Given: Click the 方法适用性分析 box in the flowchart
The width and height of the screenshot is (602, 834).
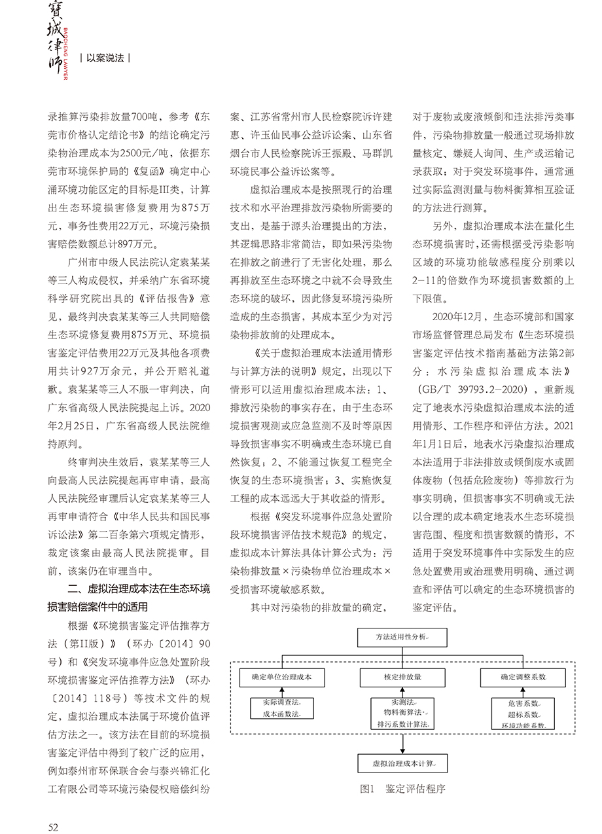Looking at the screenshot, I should [x=402, y=635].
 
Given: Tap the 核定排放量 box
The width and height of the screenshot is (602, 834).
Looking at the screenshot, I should [x=402, y=677].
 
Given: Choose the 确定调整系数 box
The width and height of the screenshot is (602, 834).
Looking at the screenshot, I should [x=523, y=677].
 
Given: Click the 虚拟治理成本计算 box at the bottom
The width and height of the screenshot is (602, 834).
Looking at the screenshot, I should [x=402, y=763].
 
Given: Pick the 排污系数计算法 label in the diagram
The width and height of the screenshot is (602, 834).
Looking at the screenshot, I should [x=402, y=725].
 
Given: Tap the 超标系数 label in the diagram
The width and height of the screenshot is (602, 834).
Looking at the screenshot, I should [x=523, y=714].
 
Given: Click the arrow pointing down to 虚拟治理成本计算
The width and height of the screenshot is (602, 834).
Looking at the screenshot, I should [x=402, y=743].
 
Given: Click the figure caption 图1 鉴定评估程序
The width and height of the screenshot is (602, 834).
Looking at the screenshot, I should [x=402, y=789].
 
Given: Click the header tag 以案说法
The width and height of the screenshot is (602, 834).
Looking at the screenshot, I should [x=105, y=58].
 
